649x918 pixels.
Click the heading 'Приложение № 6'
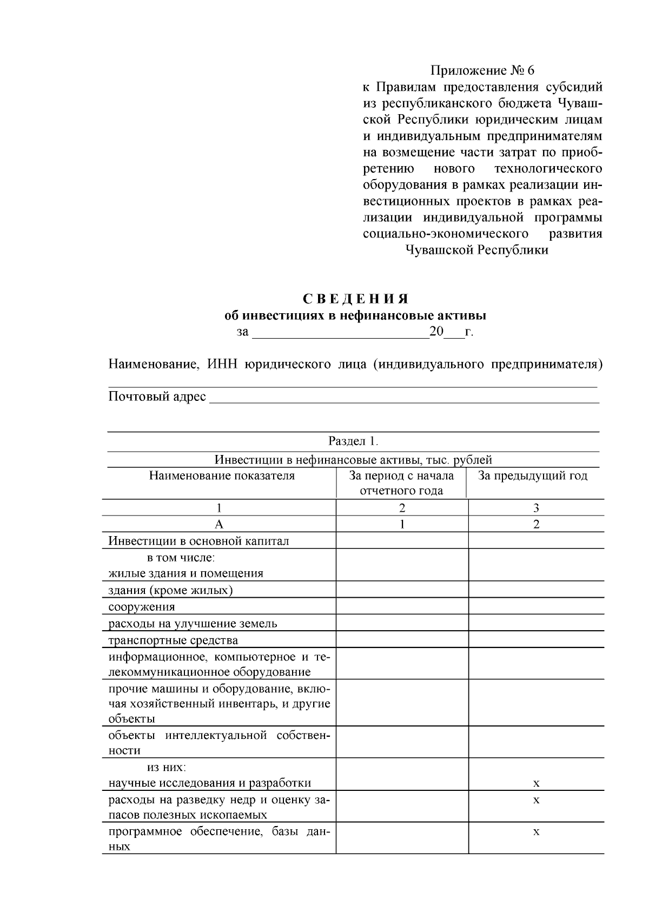click(x=482, y=71)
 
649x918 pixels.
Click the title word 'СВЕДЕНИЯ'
click(x=355, y=300)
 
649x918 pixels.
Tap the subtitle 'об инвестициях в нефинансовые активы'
click(x=355, y=315)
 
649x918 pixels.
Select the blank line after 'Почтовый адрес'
click(x=403, y=398)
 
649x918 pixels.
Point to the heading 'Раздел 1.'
click(x=355, y=441)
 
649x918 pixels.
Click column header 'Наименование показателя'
click(x=222, y=476)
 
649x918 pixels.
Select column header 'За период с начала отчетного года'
click(x=401, y=483)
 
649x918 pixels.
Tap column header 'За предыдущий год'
click(x=533, y=476)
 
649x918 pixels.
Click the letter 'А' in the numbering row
click(x=219, y=524)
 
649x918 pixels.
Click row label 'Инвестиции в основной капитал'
click(x=198, y=541)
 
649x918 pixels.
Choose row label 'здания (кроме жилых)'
click(x=170, y=590)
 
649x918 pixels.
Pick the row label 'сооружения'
click(x=142, y=607)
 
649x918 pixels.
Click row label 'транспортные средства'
click(x=173, y=640)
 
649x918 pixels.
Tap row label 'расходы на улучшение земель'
click(x=193, y=624)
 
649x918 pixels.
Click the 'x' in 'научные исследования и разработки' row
click(x=536, y=783)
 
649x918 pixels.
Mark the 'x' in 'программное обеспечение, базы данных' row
click(x=536, y=832)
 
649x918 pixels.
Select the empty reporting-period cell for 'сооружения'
click(x=401, y=606)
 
